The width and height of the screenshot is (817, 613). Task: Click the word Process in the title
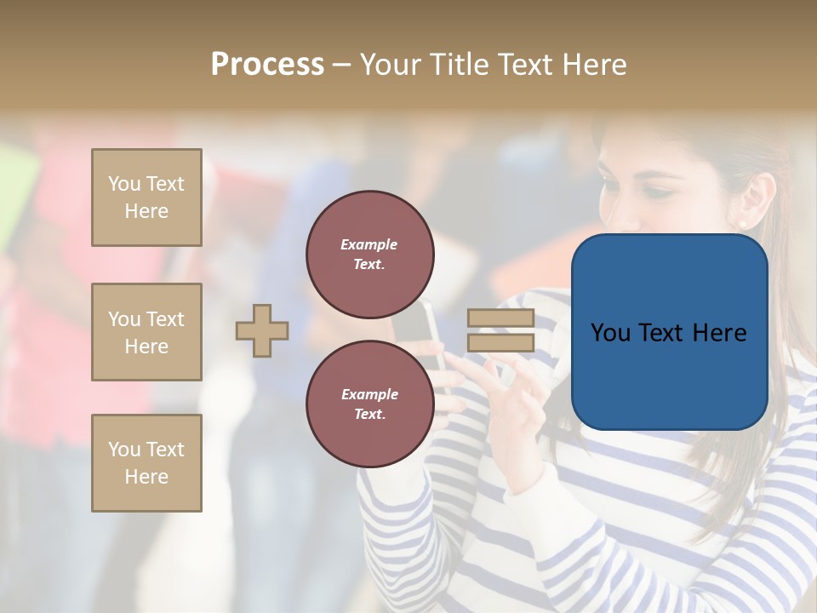tap(267, 65)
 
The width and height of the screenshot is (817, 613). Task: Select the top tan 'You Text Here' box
tap(146, 198)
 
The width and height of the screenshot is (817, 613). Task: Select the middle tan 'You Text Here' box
tap(146, 332)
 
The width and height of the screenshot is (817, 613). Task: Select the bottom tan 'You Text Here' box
tap(146, 463)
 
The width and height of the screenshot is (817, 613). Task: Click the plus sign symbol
tap(262, 330)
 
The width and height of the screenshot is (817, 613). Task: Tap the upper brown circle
tap(369, 255)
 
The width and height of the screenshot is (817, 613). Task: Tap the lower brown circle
tap(369, 404)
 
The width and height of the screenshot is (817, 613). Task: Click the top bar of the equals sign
tap(500, 318)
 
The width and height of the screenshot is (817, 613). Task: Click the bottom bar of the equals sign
tap(500, 343)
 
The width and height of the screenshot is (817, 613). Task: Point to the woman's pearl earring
tap(741, 224)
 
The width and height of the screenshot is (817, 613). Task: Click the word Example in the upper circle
tap(369, 244)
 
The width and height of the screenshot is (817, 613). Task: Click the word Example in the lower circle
tap(369, 394)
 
